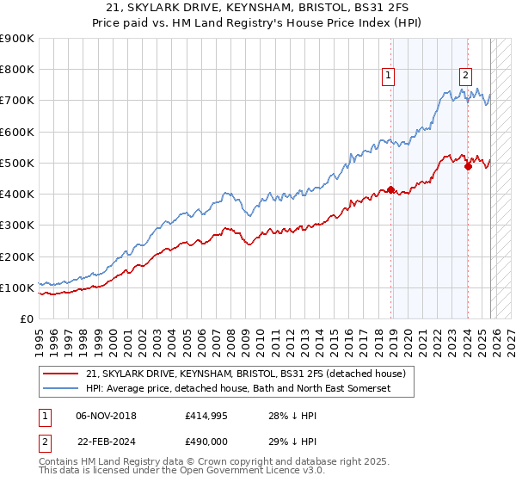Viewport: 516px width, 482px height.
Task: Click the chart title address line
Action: [x=258, y=7]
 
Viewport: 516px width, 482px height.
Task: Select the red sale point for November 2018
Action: [x=391, y=189]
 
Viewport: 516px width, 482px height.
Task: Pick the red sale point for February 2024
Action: [x=468, y=166]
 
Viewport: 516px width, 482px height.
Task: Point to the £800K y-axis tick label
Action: [x=17, y=70]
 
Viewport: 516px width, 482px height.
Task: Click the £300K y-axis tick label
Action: [x=17, y=226]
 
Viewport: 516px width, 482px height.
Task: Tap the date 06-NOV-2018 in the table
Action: [x=107, y=416]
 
